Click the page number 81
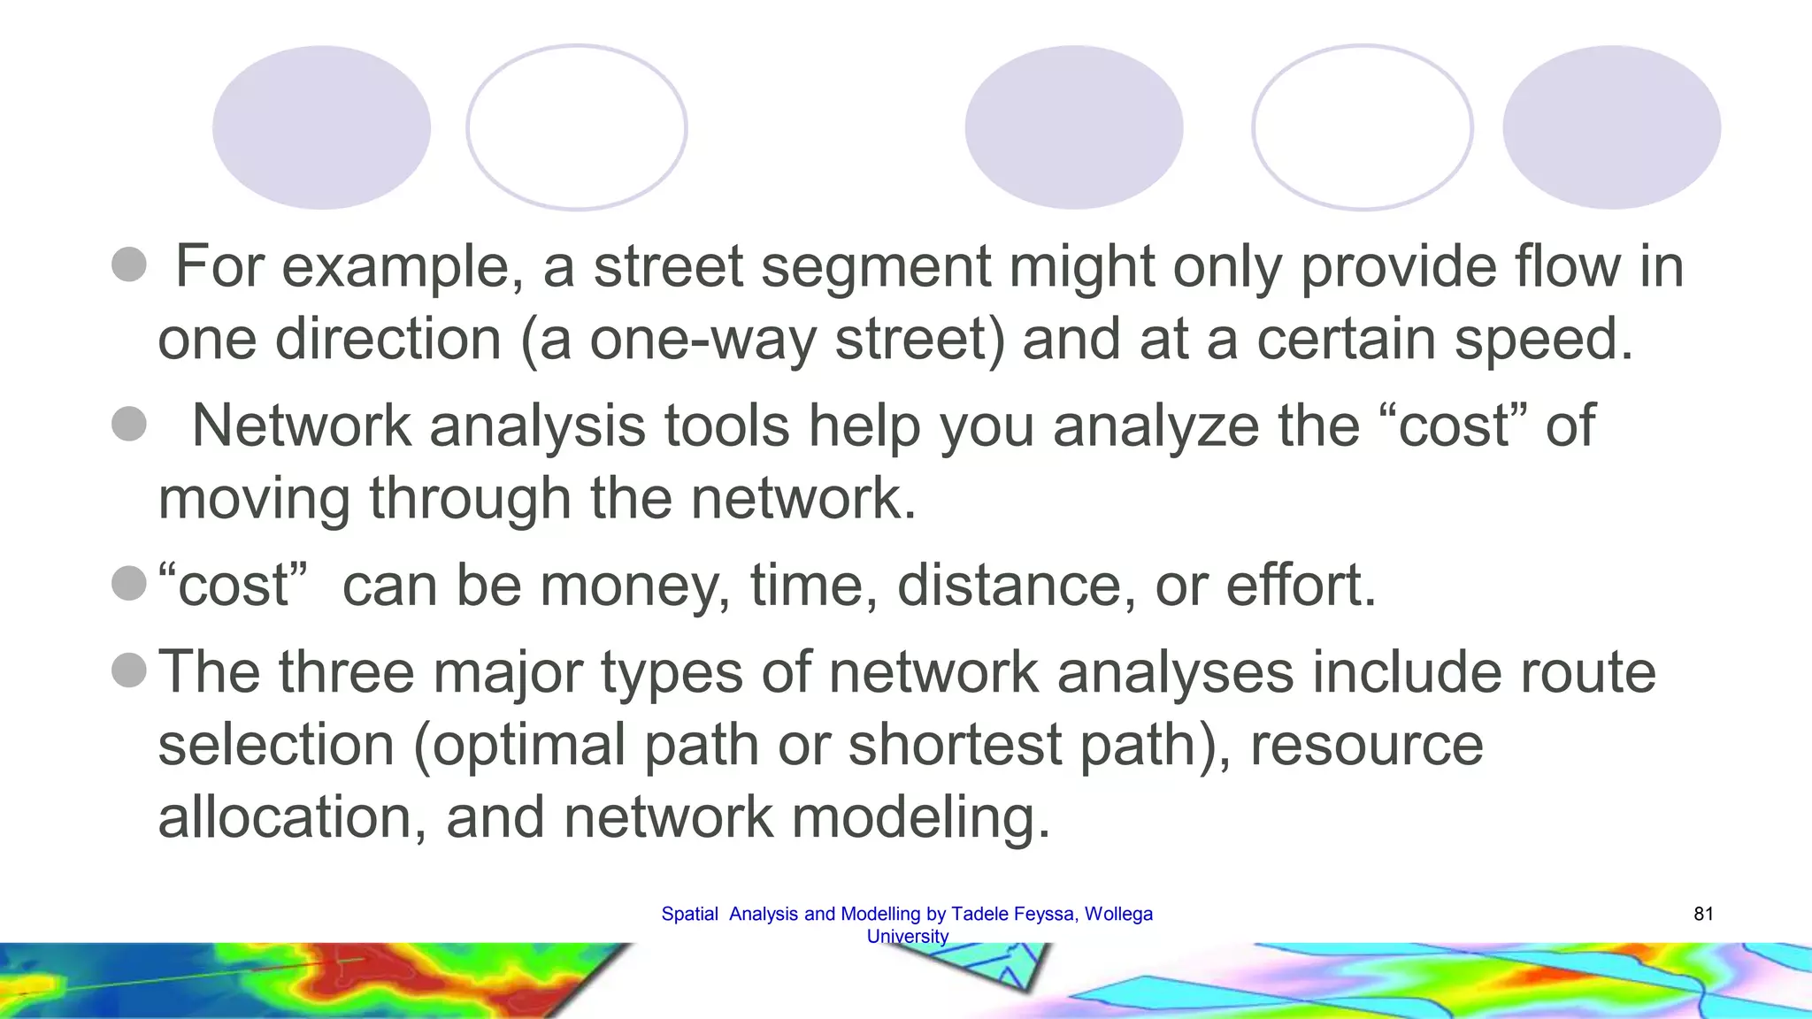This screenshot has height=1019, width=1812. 1703,914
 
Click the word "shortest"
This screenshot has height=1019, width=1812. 956,745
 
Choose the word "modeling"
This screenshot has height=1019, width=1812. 920,818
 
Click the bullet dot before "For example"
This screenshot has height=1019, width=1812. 129,264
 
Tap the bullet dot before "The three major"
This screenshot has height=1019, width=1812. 129,670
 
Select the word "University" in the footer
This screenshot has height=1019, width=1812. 907,936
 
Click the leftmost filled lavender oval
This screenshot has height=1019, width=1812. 321,127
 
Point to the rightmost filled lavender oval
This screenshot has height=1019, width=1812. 1611,127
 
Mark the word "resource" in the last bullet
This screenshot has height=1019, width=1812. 1366,745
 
